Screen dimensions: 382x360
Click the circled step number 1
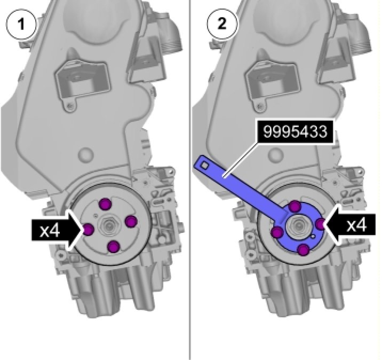click(x=21, y=24)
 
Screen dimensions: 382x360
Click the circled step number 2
click(x=222, y=24)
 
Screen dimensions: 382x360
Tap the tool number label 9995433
click(x=295, y=131)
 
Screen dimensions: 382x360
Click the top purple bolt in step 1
click(x=106, y=204)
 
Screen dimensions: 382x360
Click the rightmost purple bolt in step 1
click(x=131, y=222)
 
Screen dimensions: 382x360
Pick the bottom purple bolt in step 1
click(x=114, y=247)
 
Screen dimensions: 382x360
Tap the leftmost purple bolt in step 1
click(x=88, y=230)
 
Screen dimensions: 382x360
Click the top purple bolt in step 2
click(x=295, y=207)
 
